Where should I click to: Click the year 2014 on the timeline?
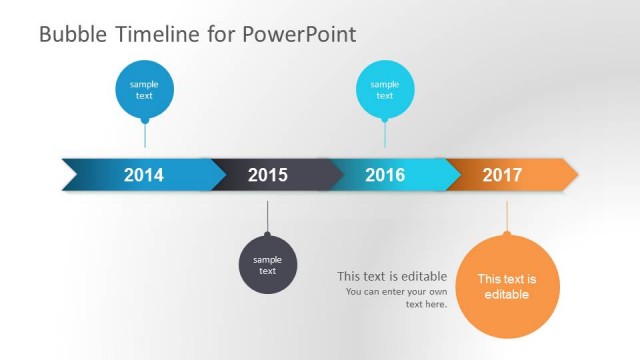[144, 175]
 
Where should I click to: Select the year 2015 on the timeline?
[267, 175]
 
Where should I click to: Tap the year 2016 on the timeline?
[385, 175]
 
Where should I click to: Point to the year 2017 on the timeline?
[502, 175]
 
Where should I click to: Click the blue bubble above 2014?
[144, 89]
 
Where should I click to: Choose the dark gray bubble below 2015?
[267, 265]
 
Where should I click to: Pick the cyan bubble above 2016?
[385, 89]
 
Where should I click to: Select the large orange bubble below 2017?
[507, 287]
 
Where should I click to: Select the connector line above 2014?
[144, 136]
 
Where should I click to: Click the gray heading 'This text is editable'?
[391, 276]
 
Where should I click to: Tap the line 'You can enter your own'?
[396, 292]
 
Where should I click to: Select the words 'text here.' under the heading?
[426, 304]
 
